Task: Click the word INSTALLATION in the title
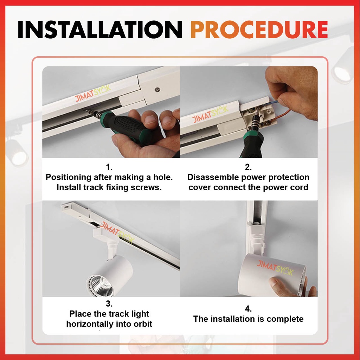(x=100, y=30)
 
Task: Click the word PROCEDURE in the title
(x=259, y=30)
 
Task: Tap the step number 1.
(x=109, y=167)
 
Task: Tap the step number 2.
(x=248, y=167)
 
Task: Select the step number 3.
(x=109, y=303)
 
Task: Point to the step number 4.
(x=248, y=309)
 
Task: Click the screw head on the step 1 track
(x=157, y=89)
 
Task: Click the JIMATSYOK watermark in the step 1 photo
(x=93, y=93)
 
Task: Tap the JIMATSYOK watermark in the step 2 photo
(x=210, y=114)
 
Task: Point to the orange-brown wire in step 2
(x=283, y=115)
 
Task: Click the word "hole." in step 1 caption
(x=163, y=177)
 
